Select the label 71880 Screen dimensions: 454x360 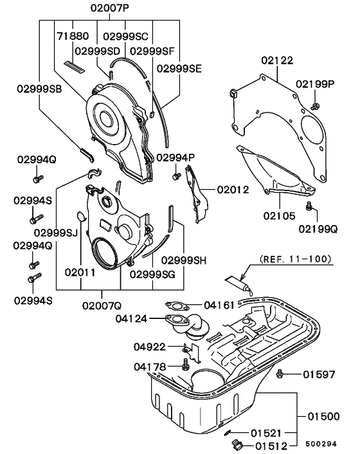pyautogui.click(x=71, y=36)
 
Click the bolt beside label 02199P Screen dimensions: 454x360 pyautogui.click(x=314, y=105)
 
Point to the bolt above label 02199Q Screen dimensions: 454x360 pyautogui.click(x=309, y=206)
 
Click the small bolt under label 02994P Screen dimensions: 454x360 pyautogui.click(x=175, y=176)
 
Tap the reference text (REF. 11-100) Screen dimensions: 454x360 pyautogui.click(x=295, y=260)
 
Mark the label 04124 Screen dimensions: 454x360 pyautogui.click(x=132, y=318)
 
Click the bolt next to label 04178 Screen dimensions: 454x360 pyautogui.click(x=186, y=367)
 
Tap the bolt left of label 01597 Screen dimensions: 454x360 pyautogui.click(x=280, y=374)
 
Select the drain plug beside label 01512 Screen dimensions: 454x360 pyautogui.click(x=236, y=444)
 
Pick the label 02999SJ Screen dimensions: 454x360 pyautogui.click(x=57, y=232)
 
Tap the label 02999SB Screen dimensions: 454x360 pyautogui.click(x=37, y=89)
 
